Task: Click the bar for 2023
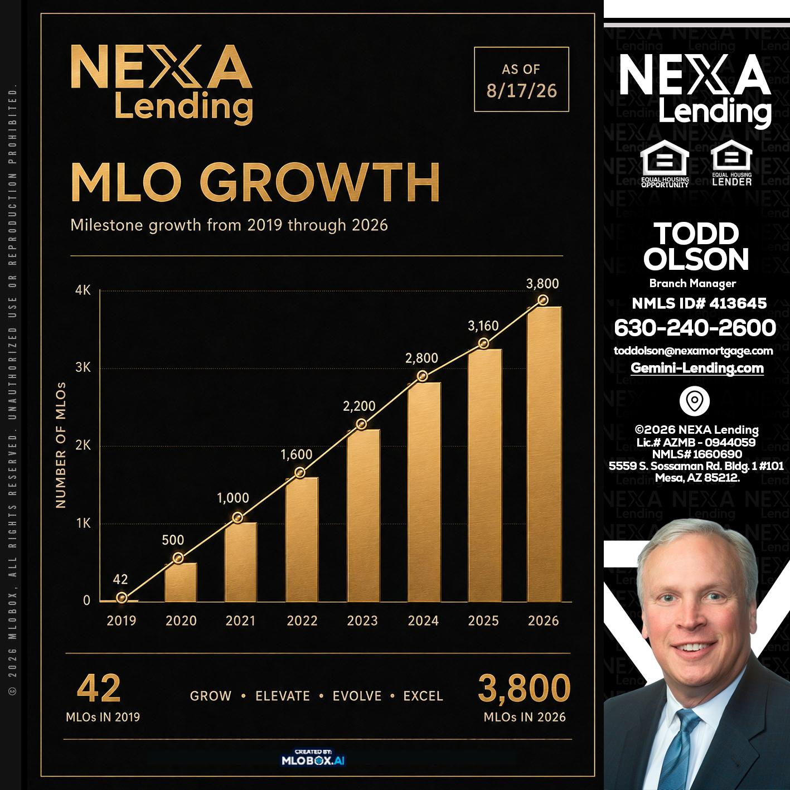tap(364, 515)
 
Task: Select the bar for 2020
tap(181, 582)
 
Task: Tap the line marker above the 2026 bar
tap(543, 300)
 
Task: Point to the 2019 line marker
tap(122, 598)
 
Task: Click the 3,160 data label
tap(483, 326)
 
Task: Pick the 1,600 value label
tap(297, 454)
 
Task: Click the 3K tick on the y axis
tap(83, 367)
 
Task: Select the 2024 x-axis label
tap(423, 621)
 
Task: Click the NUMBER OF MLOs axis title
tap(61, 445)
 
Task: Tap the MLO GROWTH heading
tap(255, 182)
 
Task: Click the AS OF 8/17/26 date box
tap(521, 79)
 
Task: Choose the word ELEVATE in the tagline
tap(283, 696)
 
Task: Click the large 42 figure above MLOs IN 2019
tap(99, 689)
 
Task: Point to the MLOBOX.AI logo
tap(313, 758)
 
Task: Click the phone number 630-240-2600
tap(695, 328)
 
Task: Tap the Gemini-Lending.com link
tap(697, 368)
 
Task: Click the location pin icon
tap(695, 400)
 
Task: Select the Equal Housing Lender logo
tap(732, 163)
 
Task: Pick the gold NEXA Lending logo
tap(162, 84)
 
